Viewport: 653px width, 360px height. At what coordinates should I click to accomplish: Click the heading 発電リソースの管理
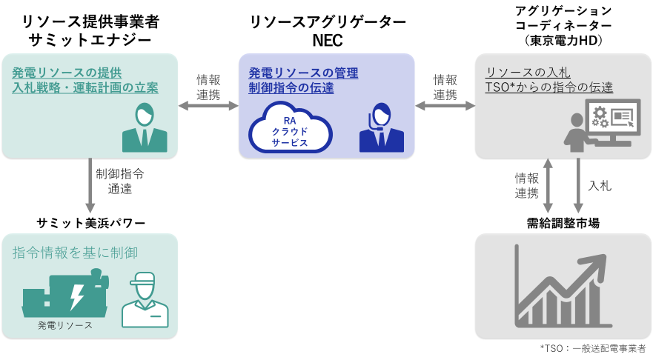pos(303,73)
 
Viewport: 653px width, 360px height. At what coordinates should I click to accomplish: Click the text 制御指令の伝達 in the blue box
pos(291,89)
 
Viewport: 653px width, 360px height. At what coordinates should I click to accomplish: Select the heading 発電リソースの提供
pos(67,73)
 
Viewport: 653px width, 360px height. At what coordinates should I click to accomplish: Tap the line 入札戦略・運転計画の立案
pos(85,88)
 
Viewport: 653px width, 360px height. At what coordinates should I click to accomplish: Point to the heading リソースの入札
pos(527,73)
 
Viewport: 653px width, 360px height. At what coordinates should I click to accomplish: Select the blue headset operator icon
pos(381,128)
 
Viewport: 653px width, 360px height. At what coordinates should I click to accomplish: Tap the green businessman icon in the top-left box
pos(145,127)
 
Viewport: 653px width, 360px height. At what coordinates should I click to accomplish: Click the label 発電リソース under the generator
pos(65,326)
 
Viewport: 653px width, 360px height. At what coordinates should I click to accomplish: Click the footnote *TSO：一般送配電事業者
pos(592,348)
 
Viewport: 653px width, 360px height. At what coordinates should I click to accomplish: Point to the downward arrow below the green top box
pos(90,185)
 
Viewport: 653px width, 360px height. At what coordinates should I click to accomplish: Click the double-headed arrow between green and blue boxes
pos(208,107)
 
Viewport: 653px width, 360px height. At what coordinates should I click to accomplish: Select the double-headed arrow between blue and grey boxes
pos(445,107)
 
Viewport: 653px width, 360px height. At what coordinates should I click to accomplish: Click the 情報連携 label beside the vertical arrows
pos(527,186)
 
